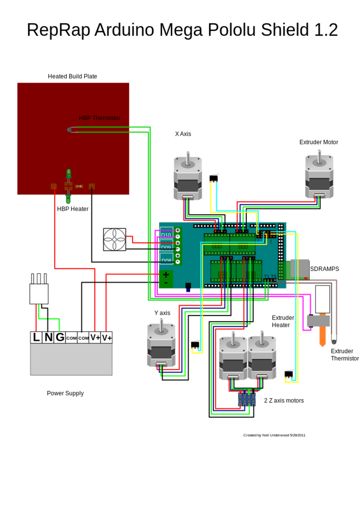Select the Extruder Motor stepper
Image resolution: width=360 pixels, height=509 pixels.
319,176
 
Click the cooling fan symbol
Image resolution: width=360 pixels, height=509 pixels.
115,239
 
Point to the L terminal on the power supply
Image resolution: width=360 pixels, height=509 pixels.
36,337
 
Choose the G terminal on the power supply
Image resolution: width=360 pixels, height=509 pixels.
60,337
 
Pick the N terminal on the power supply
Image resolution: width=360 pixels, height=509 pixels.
48,337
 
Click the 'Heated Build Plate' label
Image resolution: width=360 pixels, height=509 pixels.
72,76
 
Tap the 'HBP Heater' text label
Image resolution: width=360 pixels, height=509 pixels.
73,209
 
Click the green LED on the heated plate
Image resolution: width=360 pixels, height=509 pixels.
68,174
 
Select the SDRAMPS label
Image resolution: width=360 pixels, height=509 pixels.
324,269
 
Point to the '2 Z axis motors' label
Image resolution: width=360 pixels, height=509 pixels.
284,400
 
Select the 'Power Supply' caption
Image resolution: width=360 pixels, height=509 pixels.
65,393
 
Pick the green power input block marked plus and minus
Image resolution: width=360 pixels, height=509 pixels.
166,279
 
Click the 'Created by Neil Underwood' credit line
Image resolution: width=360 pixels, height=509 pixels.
274,435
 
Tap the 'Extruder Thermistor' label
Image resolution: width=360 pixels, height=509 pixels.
345,355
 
